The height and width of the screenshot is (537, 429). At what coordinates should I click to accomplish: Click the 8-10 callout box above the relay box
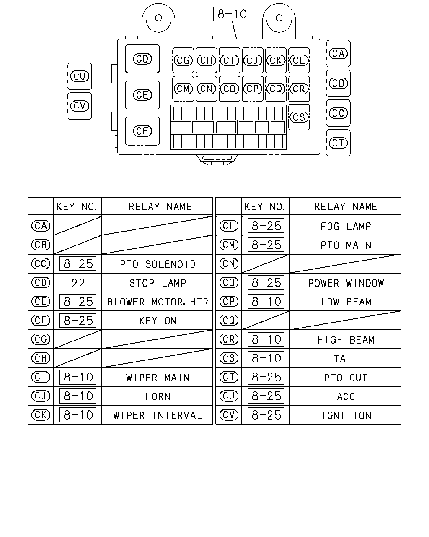[x=232, y=14]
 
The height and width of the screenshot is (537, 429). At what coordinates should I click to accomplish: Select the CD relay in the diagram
[x=142, y=59]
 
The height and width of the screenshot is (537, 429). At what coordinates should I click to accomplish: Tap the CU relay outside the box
[x=80, y=76]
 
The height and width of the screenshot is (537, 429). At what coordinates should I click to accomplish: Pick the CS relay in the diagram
[x=299, y=117]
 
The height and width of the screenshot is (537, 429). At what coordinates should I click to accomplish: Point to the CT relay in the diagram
[x=338, y=143]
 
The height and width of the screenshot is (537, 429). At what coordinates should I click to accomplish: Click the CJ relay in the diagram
[x=253, y=60]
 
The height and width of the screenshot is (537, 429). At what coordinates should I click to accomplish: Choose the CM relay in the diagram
[x=183, y=89]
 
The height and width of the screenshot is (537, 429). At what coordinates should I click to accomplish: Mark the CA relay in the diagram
[x=338, y=53]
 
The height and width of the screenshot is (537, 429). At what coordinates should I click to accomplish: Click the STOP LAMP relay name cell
[x=158, y=283]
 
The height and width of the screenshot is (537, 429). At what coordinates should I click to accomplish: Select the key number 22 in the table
[x=78, y=283]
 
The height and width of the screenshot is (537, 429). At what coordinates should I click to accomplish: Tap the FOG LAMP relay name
[x=346, y=226]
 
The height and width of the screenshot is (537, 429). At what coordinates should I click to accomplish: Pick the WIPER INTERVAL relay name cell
[x=158, y=415]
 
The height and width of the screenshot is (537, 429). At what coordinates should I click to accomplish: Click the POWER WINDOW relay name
[x=346, y=283]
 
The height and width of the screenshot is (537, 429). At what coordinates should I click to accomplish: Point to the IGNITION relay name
[x=346, y=415]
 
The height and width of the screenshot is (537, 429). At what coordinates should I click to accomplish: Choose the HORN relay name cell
[x=158, y=396]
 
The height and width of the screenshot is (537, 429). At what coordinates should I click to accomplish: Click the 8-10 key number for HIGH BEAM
[x=266, y=339]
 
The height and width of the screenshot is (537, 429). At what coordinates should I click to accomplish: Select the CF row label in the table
[x=41, y=321]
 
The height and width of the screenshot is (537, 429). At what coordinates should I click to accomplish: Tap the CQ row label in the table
[x=229, y=321]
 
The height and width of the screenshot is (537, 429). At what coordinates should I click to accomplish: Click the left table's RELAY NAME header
[x=160, y=206]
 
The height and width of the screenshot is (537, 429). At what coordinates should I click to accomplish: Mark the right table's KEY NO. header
[x=264, y=206]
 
